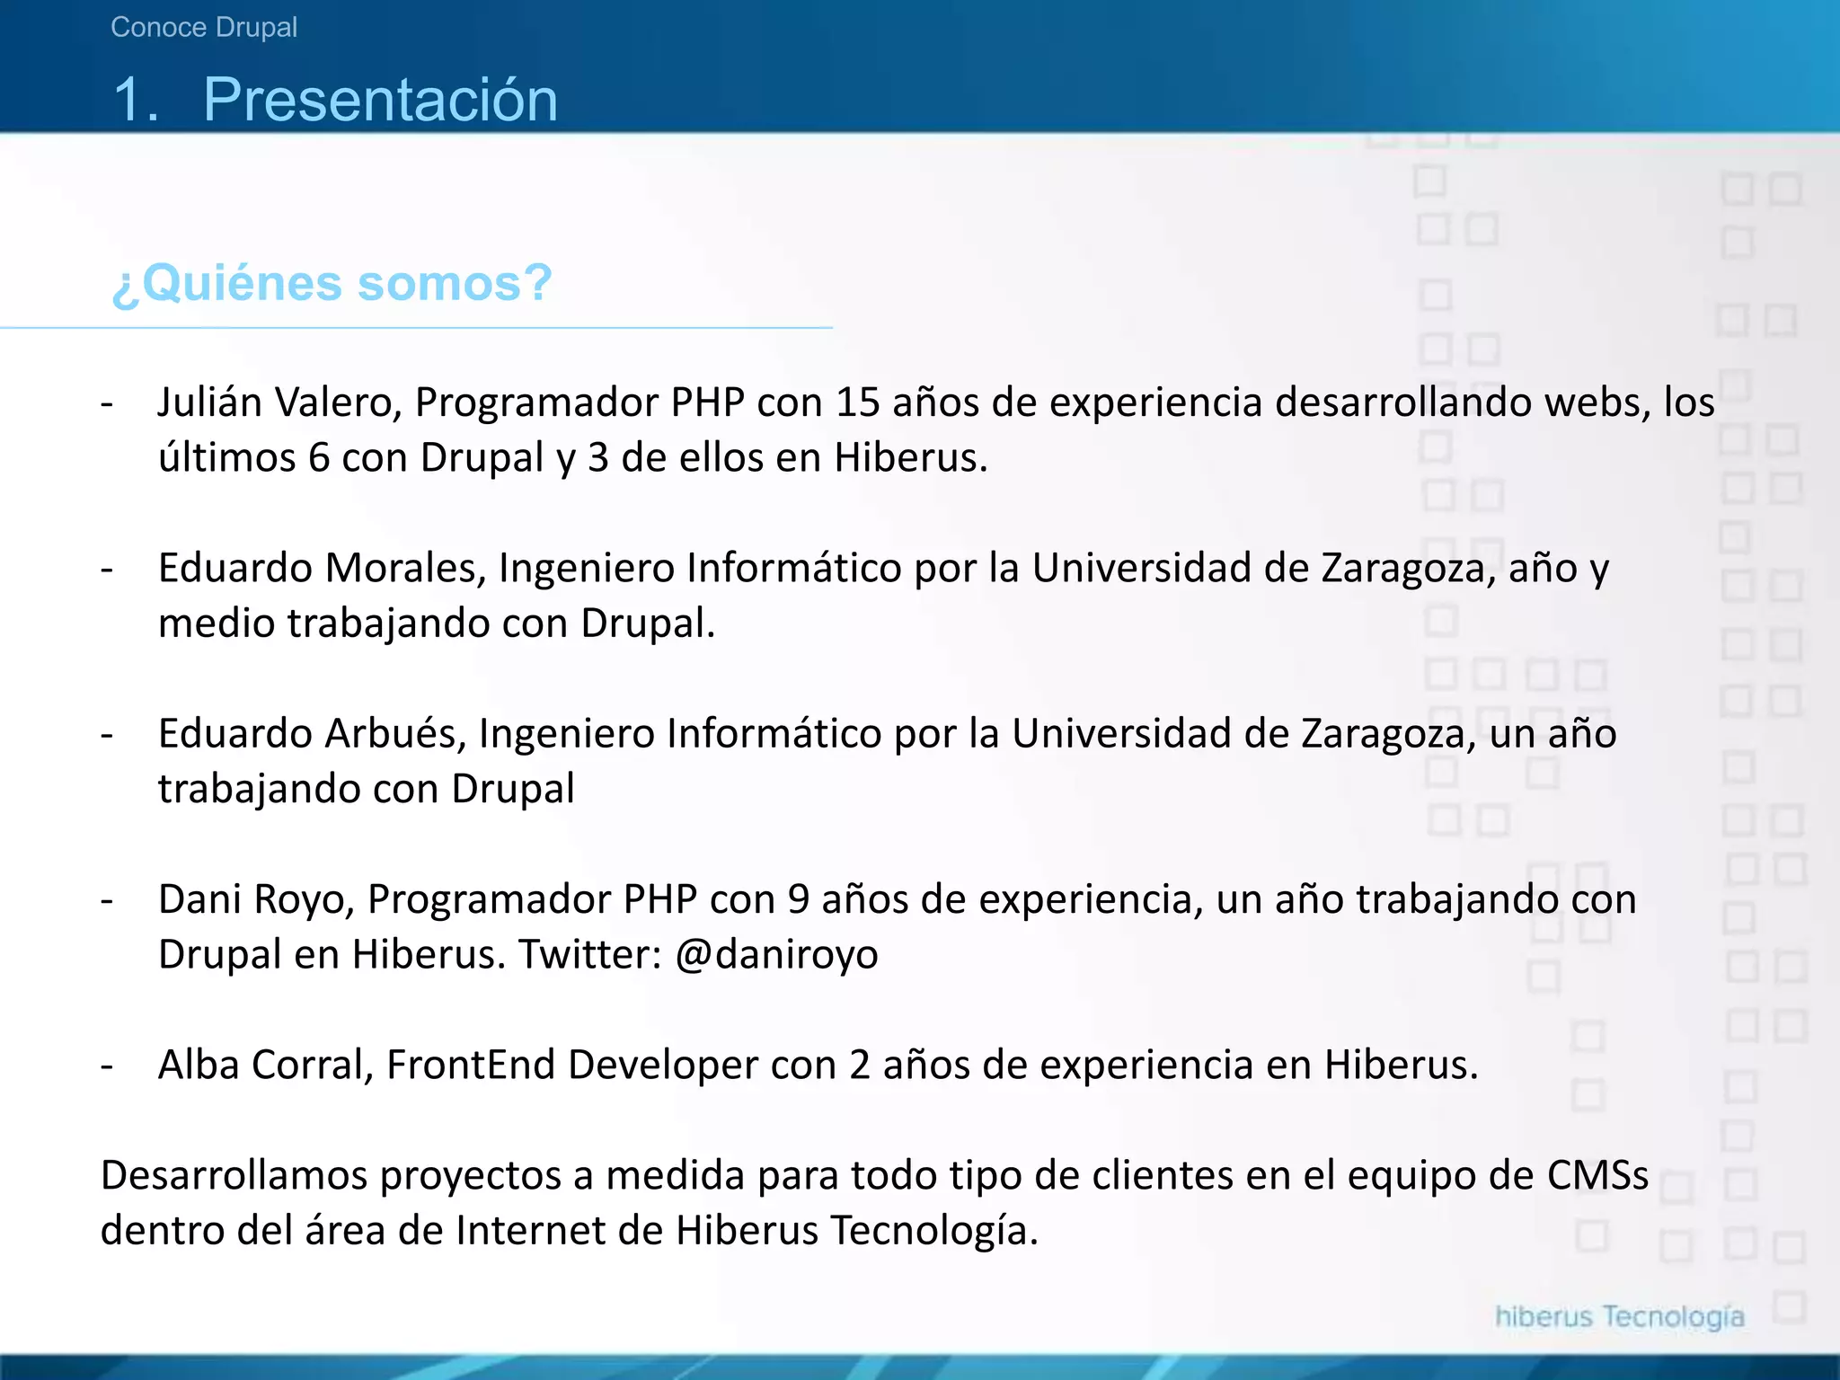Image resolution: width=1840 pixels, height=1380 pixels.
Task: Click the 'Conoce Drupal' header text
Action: pyautogui.click(x=204, y=28)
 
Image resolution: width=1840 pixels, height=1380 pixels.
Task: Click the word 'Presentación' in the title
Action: pyautogui.click(x=380, y=99)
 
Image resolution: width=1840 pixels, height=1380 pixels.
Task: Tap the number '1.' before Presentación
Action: pyautogui.click(x=136, y=99)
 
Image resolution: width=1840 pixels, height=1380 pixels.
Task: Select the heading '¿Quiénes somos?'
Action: pyautogui.click(x=332, y=283)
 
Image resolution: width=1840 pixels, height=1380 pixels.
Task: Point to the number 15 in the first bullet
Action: pyautogui.click(x=857, y=402)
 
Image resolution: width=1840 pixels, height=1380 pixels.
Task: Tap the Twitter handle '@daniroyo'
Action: pyautogui.click(x=775, y=954)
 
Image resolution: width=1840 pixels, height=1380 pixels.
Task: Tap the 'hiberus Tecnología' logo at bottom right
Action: pyautogui.click(x=1619, y=1317)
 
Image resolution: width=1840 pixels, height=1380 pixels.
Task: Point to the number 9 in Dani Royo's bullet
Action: pyautogui.click(x=798, y=898)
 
